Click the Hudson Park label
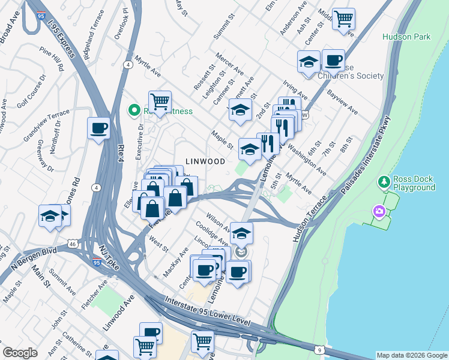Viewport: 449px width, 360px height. [406, 37]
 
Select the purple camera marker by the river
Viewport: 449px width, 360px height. [378, 211]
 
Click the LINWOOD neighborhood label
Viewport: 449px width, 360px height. [205, 161]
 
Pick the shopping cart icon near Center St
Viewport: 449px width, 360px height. [343, 19]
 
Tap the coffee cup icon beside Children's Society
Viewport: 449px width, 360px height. [333, 61]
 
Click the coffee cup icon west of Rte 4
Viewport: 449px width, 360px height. [98, 128]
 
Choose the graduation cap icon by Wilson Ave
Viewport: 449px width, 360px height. [241, 233]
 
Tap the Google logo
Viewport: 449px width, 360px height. [20, 353]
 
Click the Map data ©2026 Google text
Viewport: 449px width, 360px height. [411, 355]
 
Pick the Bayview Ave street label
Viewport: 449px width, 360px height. [342, 103]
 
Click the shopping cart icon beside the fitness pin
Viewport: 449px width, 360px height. [160, 102]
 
